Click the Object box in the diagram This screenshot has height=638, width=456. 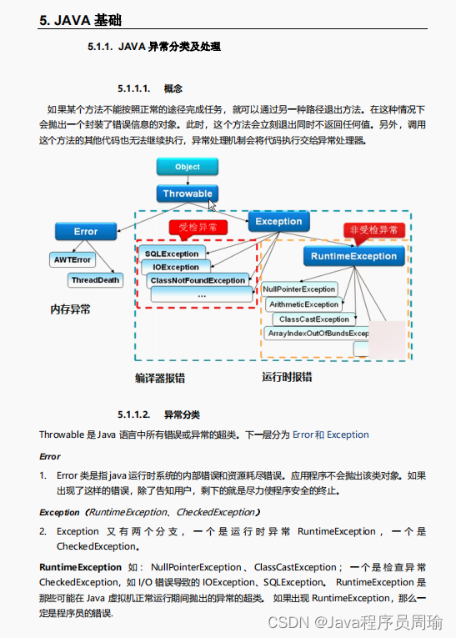pyautogui.click(x=188, y=167)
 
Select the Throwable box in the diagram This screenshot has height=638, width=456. pyautogui.click(x=188, y=193)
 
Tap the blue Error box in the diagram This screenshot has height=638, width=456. pyautogui.click(x=85, y=231)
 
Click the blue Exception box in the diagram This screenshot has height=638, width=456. pyautogui.click(x=278, y=221)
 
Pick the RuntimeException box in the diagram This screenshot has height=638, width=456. pyautogui.click(x=353, y=256)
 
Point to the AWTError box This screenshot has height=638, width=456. pyautogui.click(x=73, y=260)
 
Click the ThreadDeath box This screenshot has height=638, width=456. pyautogui.click(x=95, y=280)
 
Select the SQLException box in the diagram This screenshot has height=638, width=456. pyautogui.click(x=172, y=254)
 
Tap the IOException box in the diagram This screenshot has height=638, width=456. pyautogui.click(x=176, y=267)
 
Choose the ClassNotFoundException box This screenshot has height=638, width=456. pyautogui.click(x=198, y=281)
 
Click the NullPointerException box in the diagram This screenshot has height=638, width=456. pyautogui.click(x=299, y=289)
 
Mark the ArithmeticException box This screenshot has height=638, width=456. pyautogui.click(x=303, y=304)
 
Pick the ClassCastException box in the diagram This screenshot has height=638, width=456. pyautogui.click(x=313, y=319)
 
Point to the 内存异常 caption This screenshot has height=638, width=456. pyautogui.click(x=70, y=309)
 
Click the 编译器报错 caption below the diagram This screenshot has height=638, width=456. pyautogui.click(x=160, y=378)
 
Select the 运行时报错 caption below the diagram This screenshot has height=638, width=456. pyautogui.click(x=287, y=377)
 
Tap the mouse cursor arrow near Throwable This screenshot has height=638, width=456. pyautogui.click(x=212, y=204)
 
